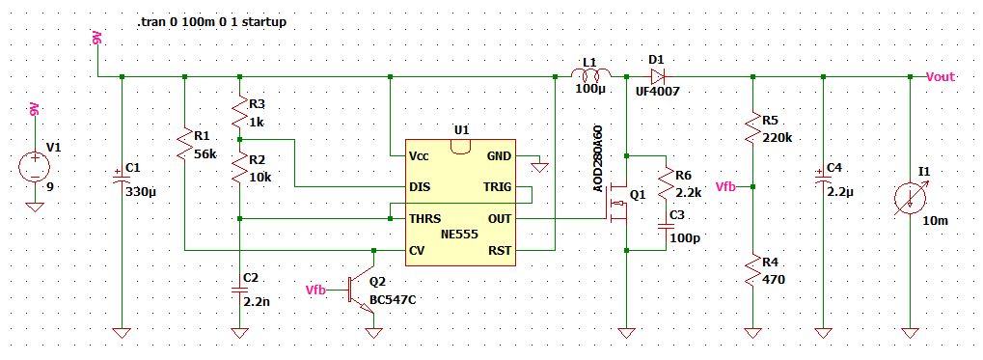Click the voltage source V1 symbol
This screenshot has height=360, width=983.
coord(35,168)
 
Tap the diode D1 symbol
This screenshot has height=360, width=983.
coord(657,76)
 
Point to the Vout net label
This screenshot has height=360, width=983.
coord(941,76)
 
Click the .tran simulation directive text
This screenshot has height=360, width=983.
coord(212,22)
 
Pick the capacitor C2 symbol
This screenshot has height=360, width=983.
coord(239,290)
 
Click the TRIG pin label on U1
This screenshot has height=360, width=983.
coord(497,187)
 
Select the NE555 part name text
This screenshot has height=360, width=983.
coord(459,235)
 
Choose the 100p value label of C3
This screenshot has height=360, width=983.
coord(685,238)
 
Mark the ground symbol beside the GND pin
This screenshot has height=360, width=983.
coord(539,168)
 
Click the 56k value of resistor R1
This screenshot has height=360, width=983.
coord(205,154)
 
